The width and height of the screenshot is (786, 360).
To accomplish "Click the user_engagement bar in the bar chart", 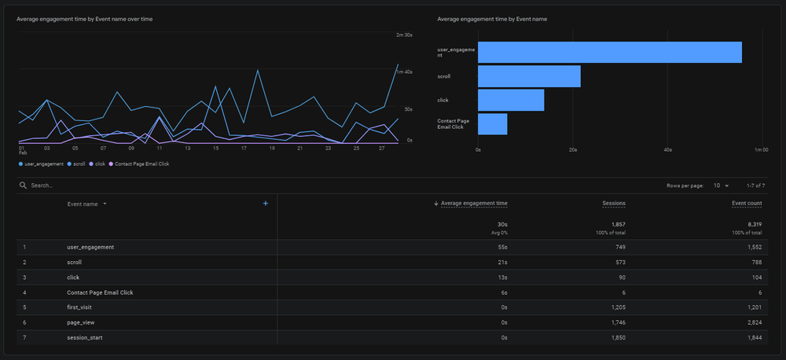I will pos(609,52).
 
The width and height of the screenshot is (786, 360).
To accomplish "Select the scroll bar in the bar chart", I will pos(529,76).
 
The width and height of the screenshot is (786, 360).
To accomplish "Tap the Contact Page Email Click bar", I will pos(492,124).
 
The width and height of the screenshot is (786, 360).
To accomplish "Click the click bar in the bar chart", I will pos(511,100).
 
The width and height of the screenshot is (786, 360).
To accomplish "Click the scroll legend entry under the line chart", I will pos(79,163).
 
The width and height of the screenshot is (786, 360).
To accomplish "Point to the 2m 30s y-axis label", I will pos(404,35).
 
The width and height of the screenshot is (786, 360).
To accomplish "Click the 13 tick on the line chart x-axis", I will pos(187,148).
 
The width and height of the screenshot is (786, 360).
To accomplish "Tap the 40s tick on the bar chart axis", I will pos(667,149).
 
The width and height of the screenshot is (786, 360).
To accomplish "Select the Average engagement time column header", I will pos(474,204).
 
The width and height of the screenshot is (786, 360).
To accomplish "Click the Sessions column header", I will pos(614,204).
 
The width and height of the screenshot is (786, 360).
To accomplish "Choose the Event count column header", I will pos(747,204).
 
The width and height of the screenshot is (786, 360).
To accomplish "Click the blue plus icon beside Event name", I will pos(266,204).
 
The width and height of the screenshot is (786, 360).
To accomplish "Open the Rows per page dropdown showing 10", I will pos(721,186).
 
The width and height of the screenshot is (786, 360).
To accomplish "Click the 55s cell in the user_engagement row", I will pos(502,247).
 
